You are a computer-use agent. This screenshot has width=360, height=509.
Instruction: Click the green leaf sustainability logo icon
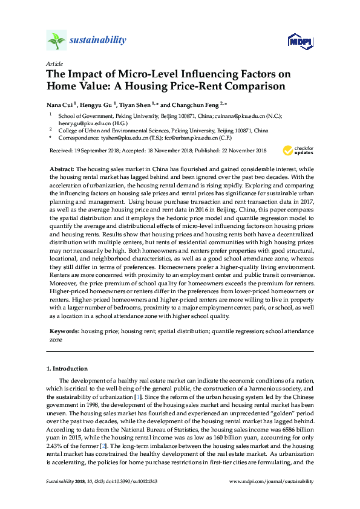tap(57, 41)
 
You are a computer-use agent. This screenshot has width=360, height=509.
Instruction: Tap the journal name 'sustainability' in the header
tap(99, 41)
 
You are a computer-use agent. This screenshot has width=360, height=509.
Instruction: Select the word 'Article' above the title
tap(54, 63)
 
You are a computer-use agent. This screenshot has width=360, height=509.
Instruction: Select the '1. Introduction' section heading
tap(68, 368)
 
